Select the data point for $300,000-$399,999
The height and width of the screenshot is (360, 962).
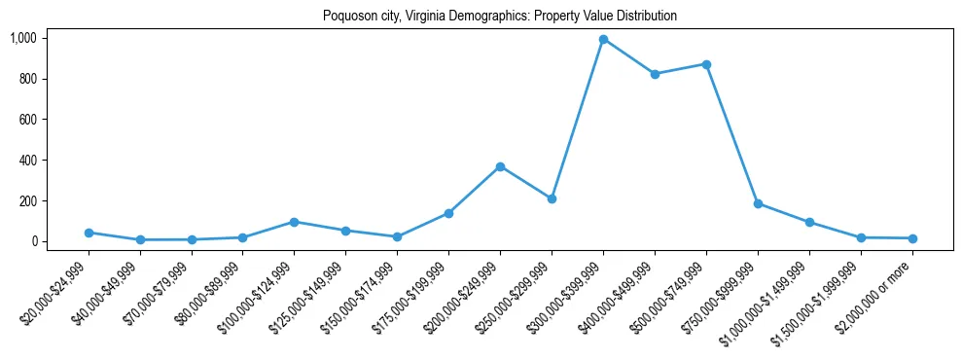[x=603, y=39]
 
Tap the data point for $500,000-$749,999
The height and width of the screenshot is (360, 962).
[x=706, y=64]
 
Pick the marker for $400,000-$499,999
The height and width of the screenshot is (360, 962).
[x=655, y=74]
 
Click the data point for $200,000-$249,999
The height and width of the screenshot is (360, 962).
[x=500, y=166]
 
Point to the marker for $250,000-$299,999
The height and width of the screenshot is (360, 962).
[x=552, y=198]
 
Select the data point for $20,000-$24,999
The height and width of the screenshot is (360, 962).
[x=89, y=233]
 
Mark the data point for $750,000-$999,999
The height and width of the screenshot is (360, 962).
[x=758, y=203]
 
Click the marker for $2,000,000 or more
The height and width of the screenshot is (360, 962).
[x=912, y=238]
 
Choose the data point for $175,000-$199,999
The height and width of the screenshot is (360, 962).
[x=448, y=213]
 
